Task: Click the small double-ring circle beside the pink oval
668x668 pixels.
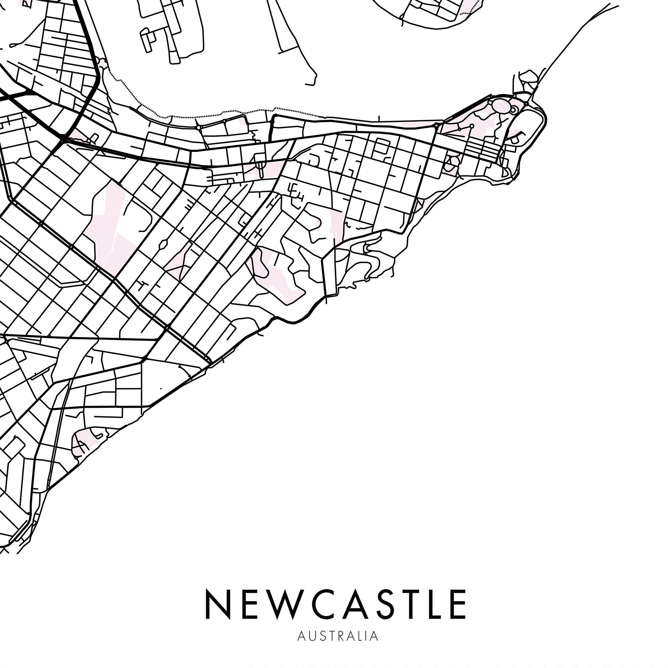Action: coord(514,110)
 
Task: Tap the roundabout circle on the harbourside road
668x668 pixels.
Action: coord(198,128)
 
